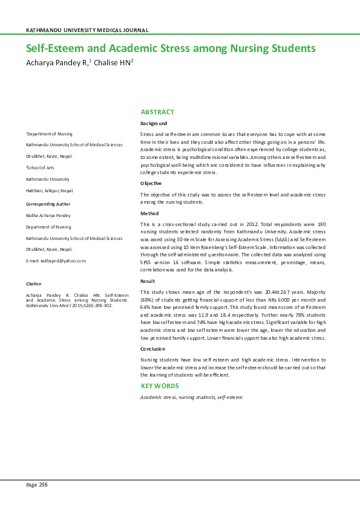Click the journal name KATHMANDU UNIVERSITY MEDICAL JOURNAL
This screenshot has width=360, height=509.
click(87, 30)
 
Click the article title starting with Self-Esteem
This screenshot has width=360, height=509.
click(171, 48)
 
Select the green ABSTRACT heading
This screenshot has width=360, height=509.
click(157, 112)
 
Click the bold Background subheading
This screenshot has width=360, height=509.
click(154, 123)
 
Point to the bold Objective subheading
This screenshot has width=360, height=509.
click(151, 183)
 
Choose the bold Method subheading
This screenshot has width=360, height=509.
click(149, 213)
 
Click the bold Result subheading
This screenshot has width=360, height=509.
click(148, 282)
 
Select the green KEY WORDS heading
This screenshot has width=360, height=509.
click(160, 386)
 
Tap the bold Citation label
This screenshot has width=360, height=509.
click(33, 284)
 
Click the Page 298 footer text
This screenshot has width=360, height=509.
click(36, 485)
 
